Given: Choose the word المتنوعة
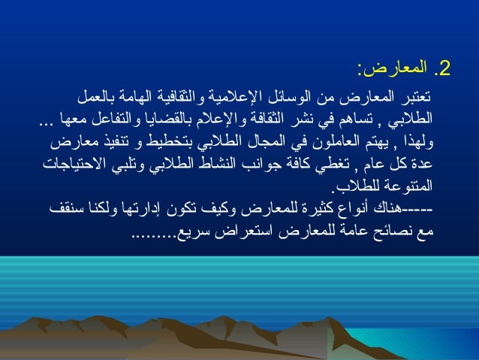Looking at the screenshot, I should (412, 183).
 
